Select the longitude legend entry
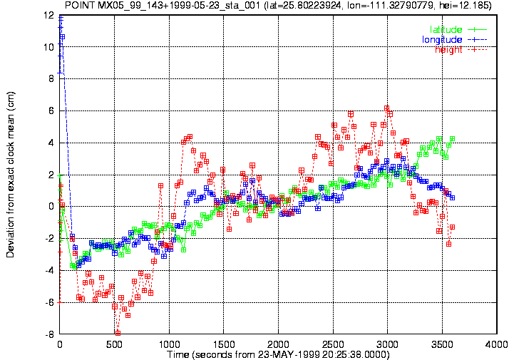point(454,40)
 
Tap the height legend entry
point(461,50)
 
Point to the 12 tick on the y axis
point(51,15)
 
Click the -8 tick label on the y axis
point(50,335)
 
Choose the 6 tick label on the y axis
point(52,110)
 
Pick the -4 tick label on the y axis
point(50,271)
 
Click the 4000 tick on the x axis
point(497,344)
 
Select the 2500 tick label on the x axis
point(333,344)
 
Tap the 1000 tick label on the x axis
point(169,344)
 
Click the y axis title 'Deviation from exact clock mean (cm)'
point(11,175)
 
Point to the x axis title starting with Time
point(278,354)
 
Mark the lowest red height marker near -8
point(118,333)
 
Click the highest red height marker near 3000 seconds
point(387,108)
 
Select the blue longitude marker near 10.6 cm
point(62,37)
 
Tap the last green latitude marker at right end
point(453,139)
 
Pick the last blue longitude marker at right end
point(453,198)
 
